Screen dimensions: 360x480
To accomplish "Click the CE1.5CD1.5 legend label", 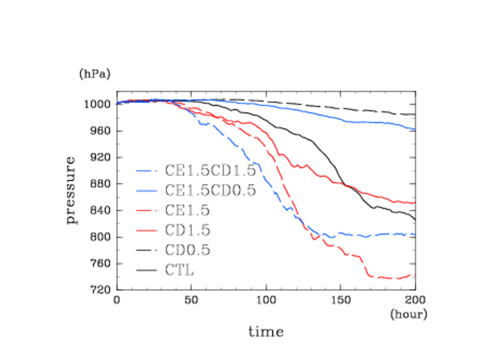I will pos(210,170).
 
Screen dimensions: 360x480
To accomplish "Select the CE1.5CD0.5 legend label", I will pos(210,190).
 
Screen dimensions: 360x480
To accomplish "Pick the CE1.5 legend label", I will pos(187,210).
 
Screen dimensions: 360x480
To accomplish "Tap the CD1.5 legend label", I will pos(187,230).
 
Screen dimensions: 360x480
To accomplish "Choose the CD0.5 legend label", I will pos(187,250).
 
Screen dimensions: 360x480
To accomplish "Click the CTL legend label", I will pos(179,271).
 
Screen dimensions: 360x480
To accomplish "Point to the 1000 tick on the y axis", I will pos(100,105).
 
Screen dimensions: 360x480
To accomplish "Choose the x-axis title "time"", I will pos(266,331).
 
